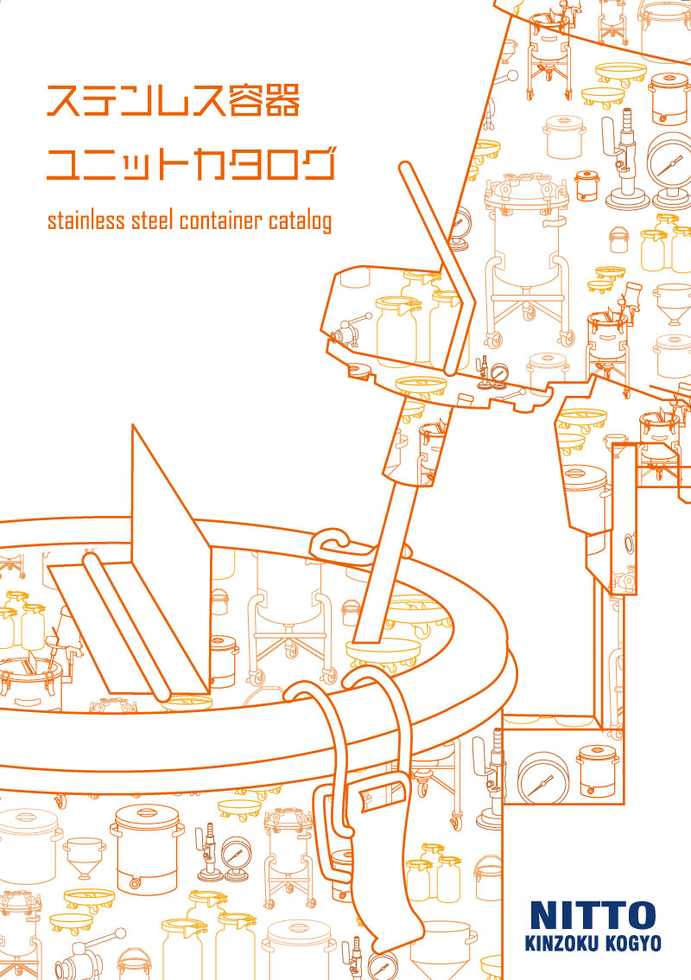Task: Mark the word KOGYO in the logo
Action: [x=631, y=943]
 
